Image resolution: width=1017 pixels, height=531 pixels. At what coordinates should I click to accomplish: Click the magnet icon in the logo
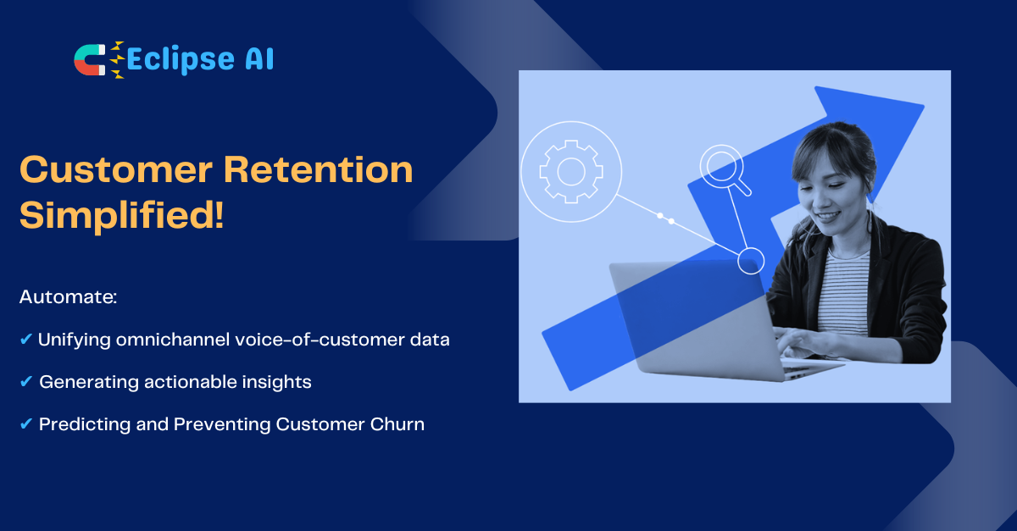(90, 60)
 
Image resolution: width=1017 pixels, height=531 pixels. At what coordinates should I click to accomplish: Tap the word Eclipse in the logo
(181, 60)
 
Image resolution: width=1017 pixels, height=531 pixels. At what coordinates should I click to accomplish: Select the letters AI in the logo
(259, 58)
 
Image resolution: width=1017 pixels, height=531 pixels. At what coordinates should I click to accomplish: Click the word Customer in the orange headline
(116, 169)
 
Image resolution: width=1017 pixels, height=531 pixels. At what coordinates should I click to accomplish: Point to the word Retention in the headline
(319, 169)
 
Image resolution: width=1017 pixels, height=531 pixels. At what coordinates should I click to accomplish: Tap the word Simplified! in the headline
(122, 216)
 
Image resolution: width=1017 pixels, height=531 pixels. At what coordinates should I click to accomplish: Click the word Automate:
(68, 296)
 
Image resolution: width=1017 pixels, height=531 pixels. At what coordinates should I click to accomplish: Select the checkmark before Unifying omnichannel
(26, 339)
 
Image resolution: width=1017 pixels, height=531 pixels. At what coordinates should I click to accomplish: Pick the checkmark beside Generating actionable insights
(26, 381)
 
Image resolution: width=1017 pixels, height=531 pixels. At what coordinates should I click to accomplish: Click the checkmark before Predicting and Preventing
(26, 424)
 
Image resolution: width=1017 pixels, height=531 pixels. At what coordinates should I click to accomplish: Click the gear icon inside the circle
(571, 172)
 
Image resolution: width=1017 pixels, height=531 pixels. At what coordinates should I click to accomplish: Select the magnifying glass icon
(725, 170)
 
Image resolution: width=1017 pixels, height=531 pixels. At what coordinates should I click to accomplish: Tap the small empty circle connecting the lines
(751, 261)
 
